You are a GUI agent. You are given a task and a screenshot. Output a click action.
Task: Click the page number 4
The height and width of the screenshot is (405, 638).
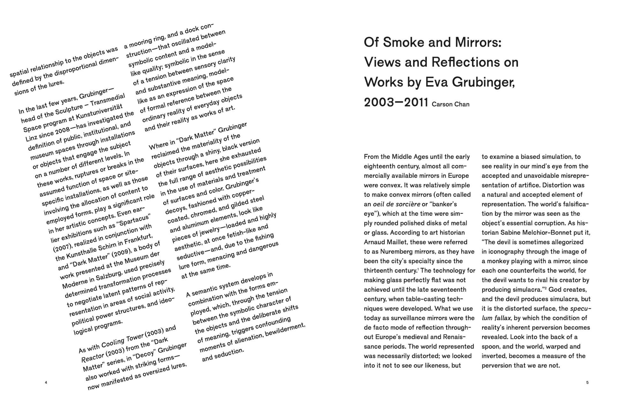[x=46, y=382]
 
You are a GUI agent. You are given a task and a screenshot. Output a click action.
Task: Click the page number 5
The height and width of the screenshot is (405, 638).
[x=587, y=382]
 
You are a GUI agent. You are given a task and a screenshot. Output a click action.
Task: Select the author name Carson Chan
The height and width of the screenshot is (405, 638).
[x=450, y=104]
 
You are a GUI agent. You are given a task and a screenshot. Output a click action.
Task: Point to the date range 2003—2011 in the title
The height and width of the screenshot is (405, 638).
[x=396, y=102]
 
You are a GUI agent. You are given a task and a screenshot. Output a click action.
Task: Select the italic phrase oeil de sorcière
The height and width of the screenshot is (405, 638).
[x=397, y=204]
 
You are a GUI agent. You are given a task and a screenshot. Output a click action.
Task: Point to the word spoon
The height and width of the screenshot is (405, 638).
[x=491, y=346]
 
